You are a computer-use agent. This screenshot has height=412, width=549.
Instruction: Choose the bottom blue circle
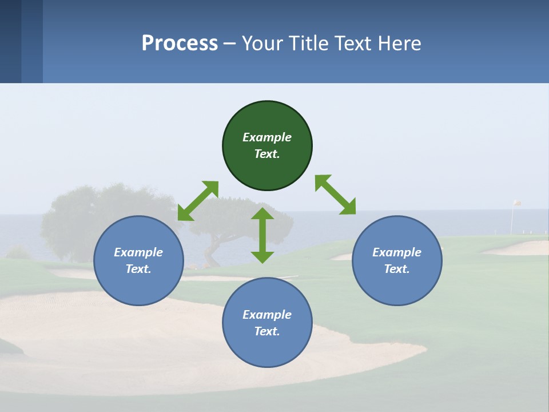click(x=267, y=349)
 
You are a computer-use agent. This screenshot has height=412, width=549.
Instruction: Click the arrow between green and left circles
click(x=198, y=201)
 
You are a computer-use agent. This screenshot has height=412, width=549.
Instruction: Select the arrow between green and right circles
click(x=335, y=195)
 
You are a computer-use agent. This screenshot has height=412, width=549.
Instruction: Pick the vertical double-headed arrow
click(x=262, y=235)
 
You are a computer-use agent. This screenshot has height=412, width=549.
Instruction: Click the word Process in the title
click(x=180, y=43)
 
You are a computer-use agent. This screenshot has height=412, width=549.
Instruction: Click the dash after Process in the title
click(x=230, y=44)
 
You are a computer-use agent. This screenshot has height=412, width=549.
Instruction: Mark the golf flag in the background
click(x=516, y=203)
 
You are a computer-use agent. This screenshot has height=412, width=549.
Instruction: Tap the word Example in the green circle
click(x=267, y=137)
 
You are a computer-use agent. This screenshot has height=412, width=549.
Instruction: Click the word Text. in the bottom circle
click(x=267, y=331)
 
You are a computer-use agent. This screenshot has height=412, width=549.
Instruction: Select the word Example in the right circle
click(x=397, y=252)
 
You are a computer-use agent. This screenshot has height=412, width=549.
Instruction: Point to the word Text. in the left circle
click(x=138, y=269)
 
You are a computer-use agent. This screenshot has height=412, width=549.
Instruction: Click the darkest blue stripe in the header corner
click(x=10, y=41)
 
